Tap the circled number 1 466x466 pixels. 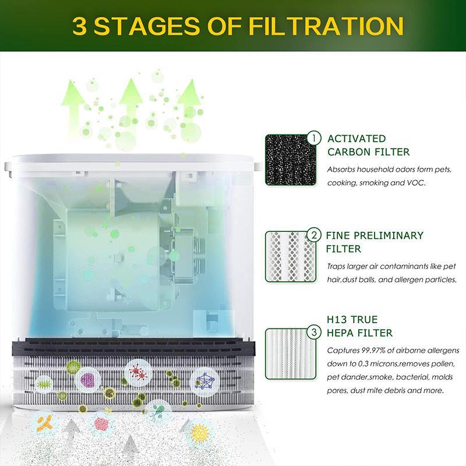click(x=314, y=139)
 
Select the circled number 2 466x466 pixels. click(x=314, y=236)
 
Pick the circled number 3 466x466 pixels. click(x=314, y=333)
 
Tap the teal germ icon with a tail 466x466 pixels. click(x=157, y=412)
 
